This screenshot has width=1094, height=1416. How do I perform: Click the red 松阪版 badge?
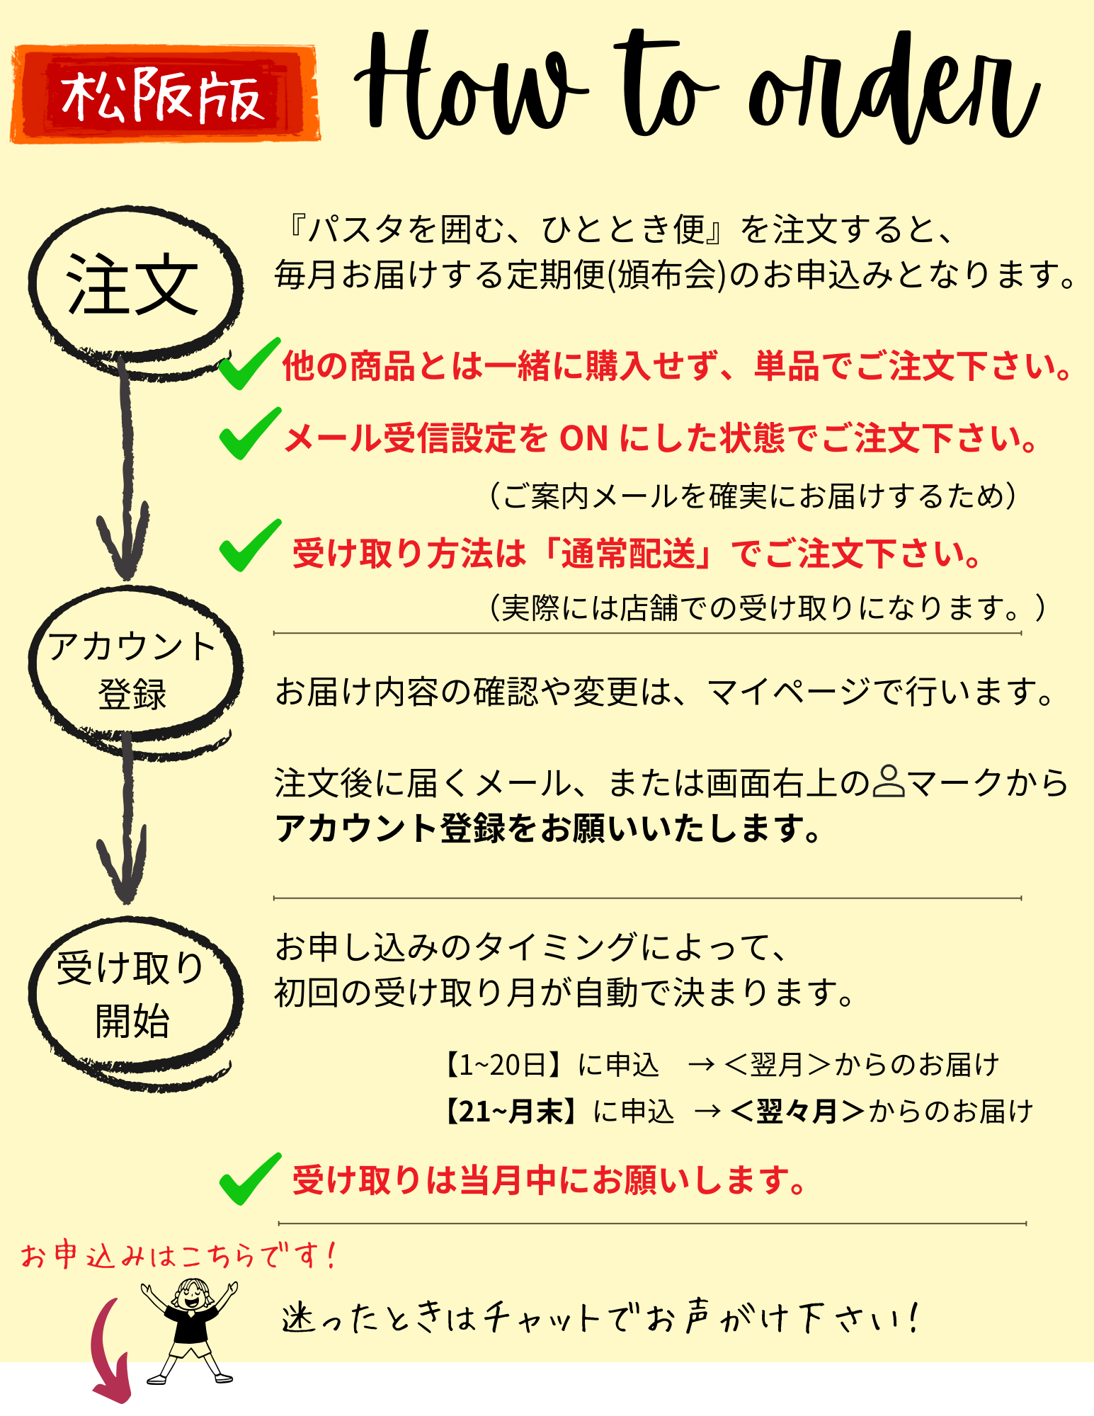164,94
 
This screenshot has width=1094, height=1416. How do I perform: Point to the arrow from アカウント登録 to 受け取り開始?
125,821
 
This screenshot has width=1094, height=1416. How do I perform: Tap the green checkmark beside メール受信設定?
249,433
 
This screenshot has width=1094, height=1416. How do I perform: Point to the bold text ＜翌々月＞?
797,1111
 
